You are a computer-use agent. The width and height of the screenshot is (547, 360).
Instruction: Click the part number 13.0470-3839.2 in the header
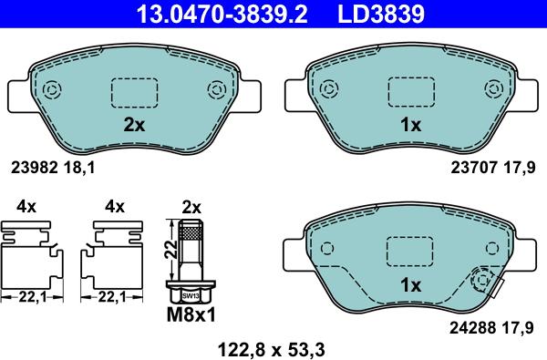coord(222,14)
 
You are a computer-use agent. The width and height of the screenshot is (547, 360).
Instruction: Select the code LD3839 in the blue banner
coord(381,14)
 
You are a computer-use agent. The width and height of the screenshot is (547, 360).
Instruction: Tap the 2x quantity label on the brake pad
coord(134,125)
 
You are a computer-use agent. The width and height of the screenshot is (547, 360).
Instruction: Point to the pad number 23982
coord(35,168)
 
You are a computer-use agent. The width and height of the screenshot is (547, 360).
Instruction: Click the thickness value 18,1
coord(79,168)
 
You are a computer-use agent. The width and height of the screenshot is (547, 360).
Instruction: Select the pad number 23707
coord(474,168)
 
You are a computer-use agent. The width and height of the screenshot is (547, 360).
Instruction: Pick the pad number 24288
coord(472,327)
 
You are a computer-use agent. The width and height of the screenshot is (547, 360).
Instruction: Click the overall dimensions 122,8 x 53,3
coord(272,350)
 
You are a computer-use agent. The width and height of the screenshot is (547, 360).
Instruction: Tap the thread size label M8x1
coord(191,314)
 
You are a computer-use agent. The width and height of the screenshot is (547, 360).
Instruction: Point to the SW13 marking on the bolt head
coord(191,296)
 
